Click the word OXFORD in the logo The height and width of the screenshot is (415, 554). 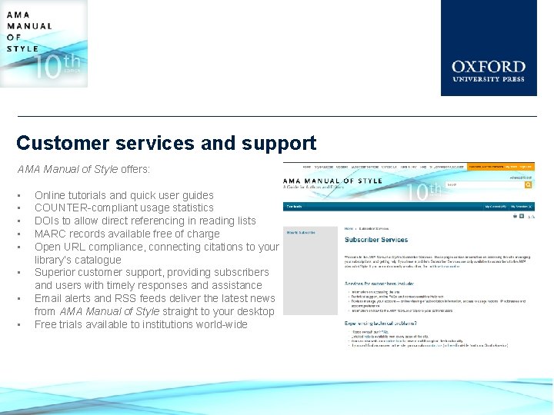(489, 67)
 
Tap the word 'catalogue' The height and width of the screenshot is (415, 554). (98, 260)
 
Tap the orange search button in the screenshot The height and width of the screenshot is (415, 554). (529, 184)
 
